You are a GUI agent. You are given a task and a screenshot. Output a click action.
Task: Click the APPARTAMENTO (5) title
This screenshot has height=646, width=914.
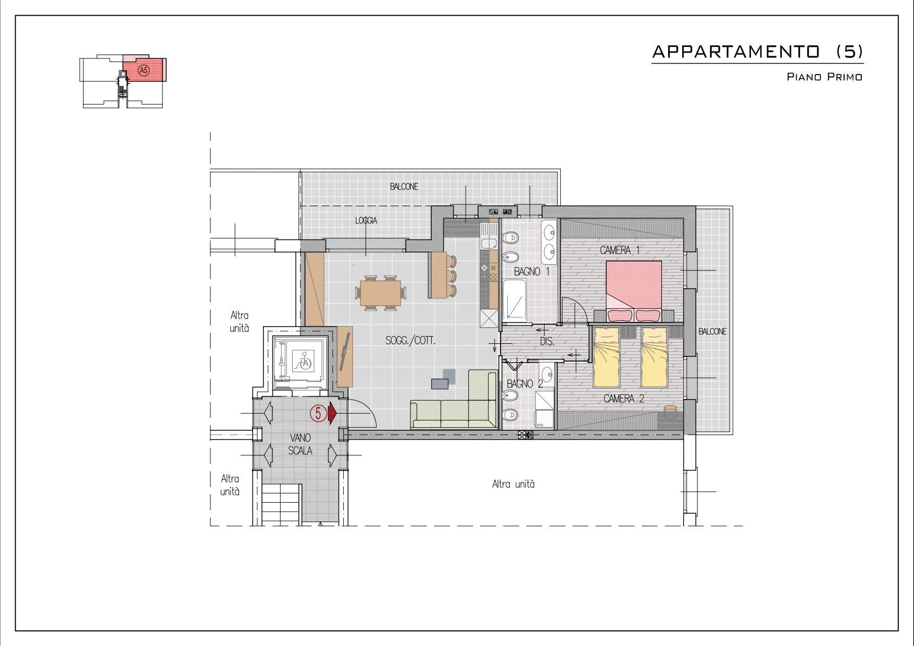pyautogui.click(x=758, y=52)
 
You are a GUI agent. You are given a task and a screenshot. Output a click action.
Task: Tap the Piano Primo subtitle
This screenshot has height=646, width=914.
pyautogui.click(x=824, y=77)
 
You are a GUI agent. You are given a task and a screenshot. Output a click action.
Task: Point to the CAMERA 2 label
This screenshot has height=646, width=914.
pyautogui.click(x=624, y=399)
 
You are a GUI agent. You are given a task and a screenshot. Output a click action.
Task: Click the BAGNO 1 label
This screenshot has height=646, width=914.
pyautogui.click(x=532, y=271)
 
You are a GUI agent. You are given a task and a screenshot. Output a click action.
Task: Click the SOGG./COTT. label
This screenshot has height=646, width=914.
pyautogui.click(x=410, y=341)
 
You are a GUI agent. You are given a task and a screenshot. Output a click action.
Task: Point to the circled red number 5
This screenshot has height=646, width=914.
pyautogui.click(x=318, y=414)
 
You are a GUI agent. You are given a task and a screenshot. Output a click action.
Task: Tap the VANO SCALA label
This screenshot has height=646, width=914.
pyautogui.click(x=301, y=444)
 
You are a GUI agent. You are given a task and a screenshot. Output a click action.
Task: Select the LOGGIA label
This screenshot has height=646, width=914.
pyautogui.click(x=366, y=221)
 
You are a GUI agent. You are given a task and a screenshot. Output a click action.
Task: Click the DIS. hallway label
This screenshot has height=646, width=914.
pyautogui.click(x=547, y=342)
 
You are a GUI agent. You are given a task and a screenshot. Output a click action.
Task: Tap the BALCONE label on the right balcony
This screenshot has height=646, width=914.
pyautogui.click(x=712, y=331)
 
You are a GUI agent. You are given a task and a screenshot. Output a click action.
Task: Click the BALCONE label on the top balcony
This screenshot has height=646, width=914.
pyautogui.click(x=404, y=187)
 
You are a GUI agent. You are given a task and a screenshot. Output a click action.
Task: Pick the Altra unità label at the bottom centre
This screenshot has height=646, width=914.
pyautogui.click(x=514, y=484)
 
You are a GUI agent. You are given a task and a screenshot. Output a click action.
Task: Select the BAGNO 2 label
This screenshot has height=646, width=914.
pyautogui.click(x=525, y=384)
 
